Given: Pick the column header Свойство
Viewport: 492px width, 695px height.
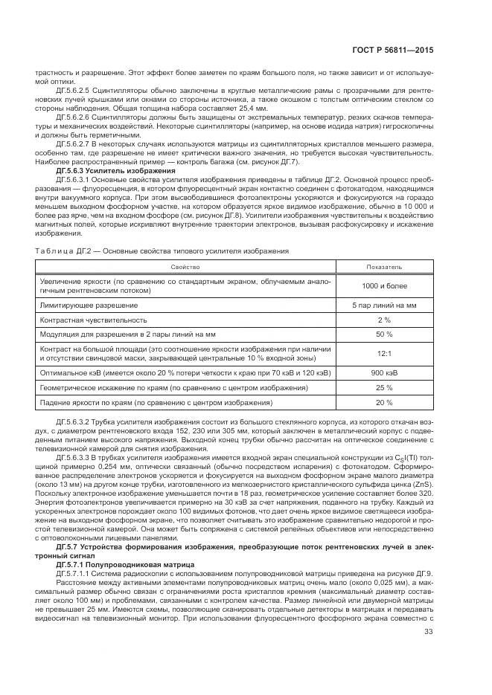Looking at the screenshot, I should [182, 265].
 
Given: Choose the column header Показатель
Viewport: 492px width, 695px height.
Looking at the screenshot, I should [383, 265].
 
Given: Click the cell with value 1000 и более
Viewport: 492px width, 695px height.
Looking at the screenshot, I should [383, 286].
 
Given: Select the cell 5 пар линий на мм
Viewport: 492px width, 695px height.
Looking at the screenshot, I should [383, 305].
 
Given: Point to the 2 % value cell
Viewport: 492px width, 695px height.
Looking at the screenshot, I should [383, 319].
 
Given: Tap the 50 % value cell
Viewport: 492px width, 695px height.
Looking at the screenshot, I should [383, 333].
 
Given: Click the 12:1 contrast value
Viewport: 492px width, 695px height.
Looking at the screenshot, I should [383, 354].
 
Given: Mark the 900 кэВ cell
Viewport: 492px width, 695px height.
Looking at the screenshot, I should [383, 373].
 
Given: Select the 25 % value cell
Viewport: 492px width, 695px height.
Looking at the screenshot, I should [383, 387].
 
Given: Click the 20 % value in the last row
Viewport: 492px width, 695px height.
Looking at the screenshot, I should [383, 402].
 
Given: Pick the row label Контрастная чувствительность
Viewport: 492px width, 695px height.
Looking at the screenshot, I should [93, 319].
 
